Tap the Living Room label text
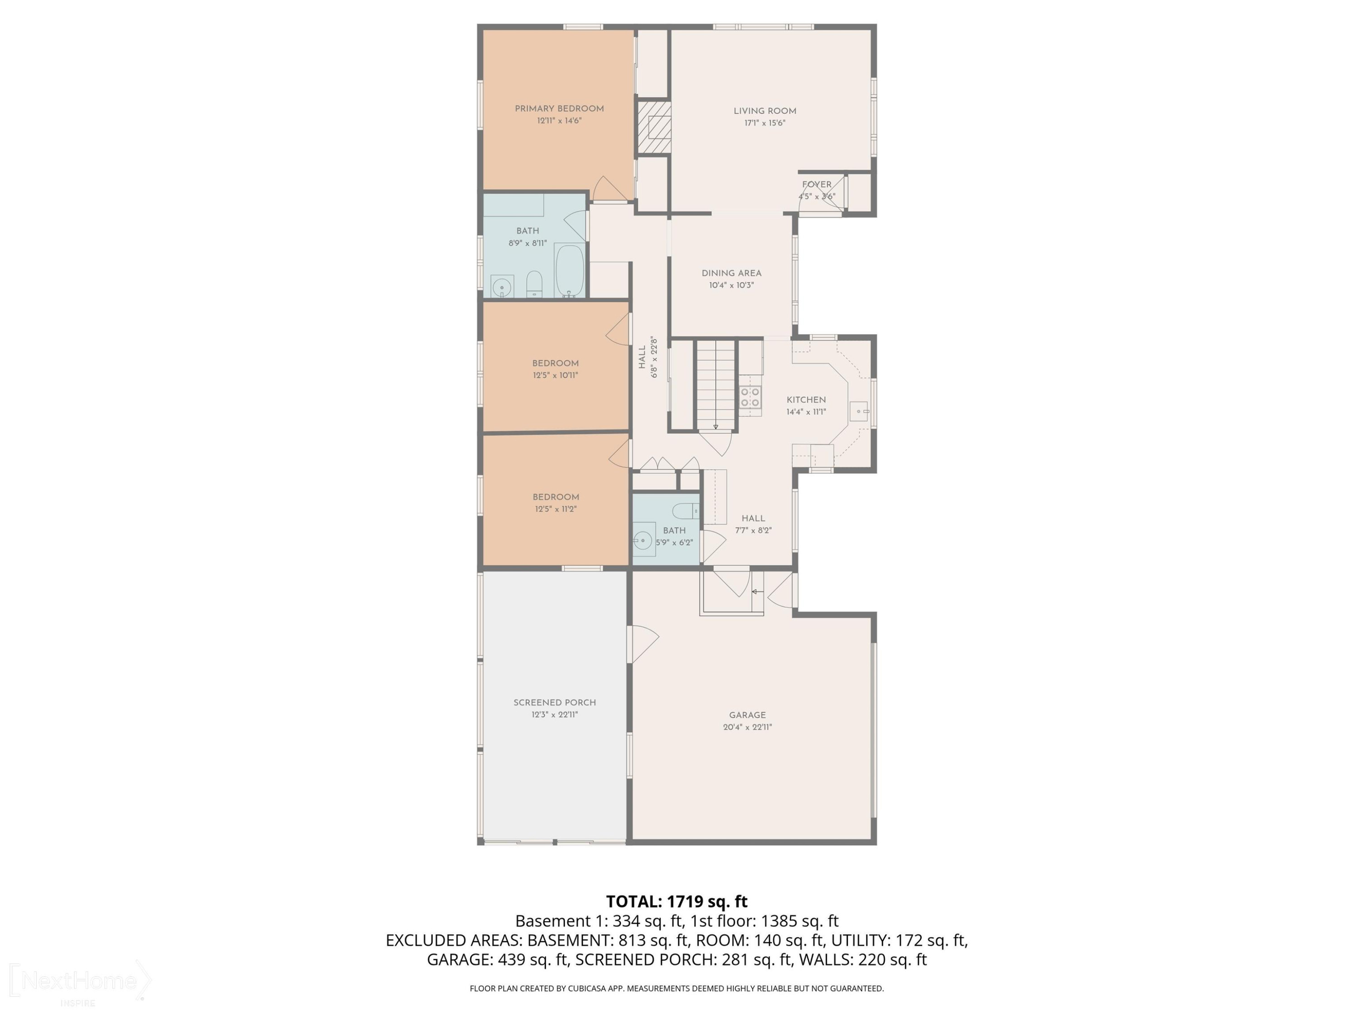(765, 111)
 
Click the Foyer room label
(816, 184)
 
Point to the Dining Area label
(732, 273)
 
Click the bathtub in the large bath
(569, 270)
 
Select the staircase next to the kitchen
(715, 386)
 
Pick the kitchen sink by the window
(859, 411)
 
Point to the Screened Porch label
(555, 703)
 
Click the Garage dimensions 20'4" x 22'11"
(747, 727)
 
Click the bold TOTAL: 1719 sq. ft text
(677, 901)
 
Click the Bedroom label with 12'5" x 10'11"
(555, 363)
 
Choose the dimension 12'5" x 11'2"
(556, 509)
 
